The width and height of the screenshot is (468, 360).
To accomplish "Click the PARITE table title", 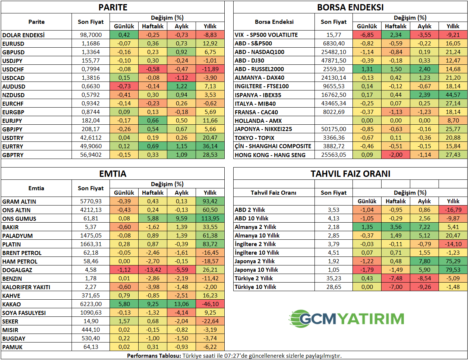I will pos(113,7).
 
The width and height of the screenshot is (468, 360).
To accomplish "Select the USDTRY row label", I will pos(13,138).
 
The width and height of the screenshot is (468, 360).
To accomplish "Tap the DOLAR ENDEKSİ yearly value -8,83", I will pos(210,35).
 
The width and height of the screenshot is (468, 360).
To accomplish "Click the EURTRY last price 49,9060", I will pos(91,146).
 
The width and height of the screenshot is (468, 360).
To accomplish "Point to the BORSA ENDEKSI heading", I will pos(350,7).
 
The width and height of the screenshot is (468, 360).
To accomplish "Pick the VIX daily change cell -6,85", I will pos(367,35).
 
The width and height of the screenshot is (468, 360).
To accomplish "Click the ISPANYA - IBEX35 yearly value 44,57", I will pos(453,95).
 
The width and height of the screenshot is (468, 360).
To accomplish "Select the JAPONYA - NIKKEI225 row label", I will pos(263,129).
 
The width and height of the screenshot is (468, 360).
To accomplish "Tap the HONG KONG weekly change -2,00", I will pos(396,155).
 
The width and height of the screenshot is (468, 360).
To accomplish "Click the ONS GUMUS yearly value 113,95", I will pos(210,219).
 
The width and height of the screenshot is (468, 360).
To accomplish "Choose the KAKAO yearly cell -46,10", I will pos(210,304).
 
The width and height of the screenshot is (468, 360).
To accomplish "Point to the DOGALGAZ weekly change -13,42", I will pos(153,270).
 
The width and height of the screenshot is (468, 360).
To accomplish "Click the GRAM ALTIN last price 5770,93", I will pos(91,201).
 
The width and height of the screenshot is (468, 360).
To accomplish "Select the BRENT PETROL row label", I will pos(22,253).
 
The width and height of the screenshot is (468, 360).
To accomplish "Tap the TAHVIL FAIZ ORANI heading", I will pos(350,174).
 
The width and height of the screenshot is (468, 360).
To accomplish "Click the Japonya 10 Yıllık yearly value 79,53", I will pos(453,270).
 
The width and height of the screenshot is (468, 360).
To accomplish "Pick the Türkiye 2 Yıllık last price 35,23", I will pos(334,278).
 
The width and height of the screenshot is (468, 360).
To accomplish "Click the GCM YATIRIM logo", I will pos(347,319).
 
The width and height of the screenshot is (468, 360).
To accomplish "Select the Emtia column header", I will pos(36,188).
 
